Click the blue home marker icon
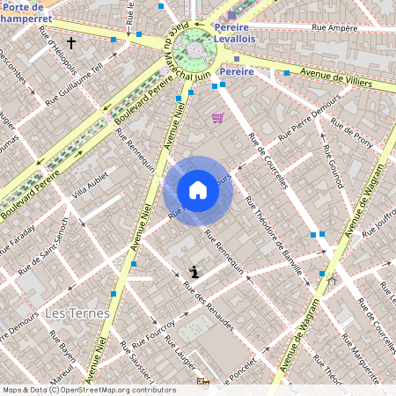[198, 190]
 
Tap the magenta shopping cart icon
[217, 118]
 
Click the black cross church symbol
[71, 42]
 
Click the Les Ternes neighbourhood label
[77, 313]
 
